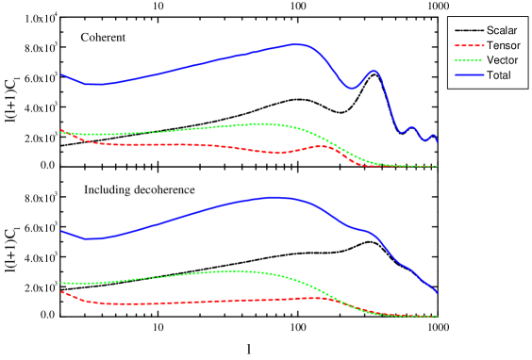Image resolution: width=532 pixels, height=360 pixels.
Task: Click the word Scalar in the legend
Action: (503, 31)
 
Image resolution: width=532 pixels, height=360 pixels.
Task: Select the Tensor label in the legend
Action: (504, 45)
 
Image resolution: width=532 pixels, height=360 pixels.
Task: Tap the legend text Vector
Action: (503, 59)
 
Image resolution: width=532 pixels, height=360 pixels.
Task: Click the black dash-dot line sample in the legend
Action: (469, 31)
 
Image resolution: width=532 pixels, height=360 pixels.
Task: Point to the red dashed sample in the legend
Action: (469, 45)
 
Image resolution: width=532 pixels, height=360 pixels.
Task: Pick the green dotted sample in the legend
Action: (469, 59)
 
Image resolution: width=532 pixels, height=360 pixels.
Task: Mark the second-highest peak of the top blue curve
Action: (374, 71)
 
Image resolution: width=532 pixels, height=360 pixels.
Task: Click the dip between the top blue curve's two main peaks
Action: (351, 89)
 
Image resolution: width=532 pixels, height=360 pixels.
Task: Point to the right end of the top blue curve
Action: (437, 141)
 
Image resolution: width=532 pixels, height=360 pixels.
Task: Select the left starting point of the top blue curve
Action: (61, 74)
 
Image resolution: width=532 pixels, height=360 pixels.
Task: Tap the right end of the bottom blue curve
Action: (437, 291)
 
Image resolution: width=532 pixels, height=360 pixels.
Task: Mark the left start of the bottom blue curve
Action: (61, 230)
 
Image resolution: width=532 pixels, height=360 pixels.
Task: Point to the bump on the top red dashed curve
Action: (324, 146)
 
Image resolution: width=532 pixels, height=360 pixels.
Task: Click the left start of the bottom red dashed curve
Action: (61, 291)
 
